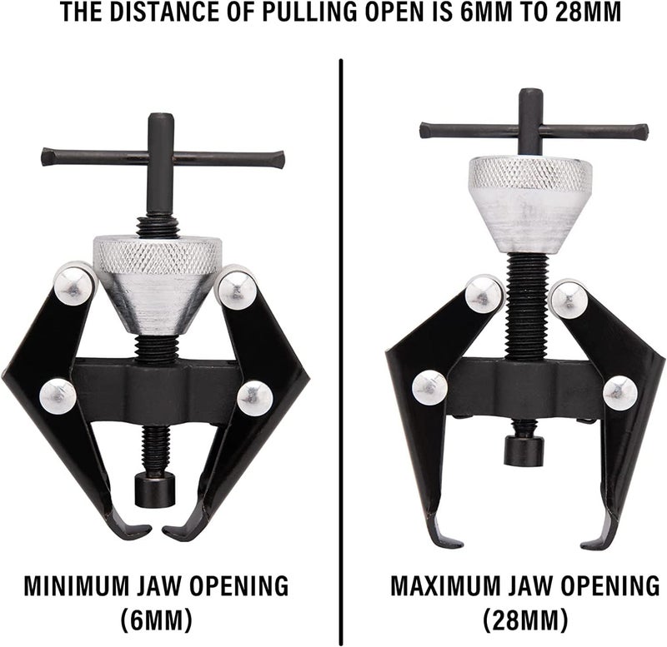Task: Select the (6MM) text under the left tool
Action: pos(157,620)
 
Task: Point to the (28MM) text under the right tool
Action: pos(526,620)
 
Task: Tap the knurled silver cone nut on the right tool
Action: pos(530,204)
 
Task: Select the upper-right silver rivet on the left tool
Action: pos(237,286)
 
